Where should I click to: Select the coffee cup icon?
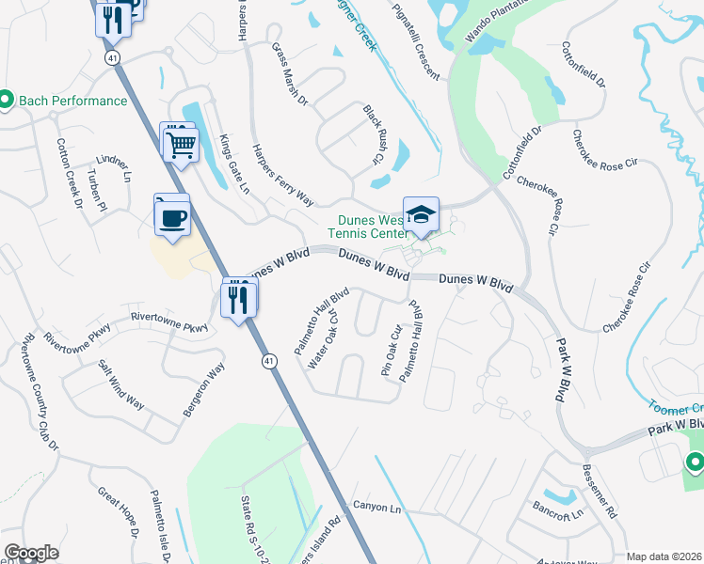click(172, 217)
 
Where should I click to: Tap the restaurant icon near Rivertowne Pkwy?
click(239, 300)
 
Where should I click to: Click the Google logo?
click(31, 554)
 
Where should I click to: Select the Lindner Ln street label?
click(113, 164)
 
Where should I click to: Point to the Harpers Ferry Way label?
click(282, 174)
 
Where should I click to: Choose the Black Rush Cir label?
click(374, 134)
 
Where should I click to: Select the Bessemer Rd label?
click(599, 493)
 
